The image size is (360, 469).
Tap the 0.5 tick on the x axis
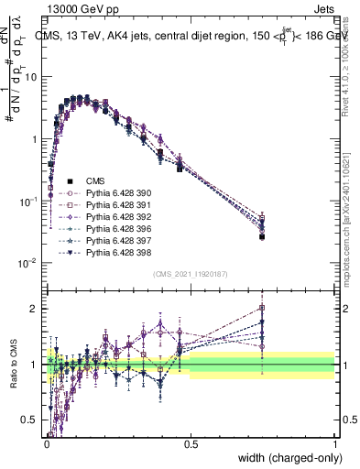[191, 444]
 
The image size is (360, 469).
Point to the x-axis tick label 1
[334, 444]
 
